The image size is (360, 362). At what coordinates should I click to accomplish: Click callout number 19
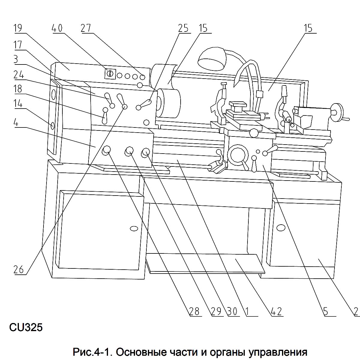[x=18, y=28]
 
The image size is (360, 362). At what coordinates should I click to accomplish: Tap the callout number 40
[x=57, y=28]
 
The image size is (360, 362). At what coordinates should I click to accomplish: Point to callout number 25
[x=183, y=28]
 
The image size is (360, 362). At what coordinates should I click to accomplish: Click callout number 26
[x=18, y=269]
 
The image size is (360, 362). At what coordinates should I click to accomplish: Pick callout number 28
[x=194, y=311]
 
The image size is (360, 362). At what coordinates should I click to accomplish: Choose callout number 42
[x=276, y=311]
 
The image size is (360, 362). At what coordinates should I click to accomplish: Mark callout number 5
[x=326, y=311]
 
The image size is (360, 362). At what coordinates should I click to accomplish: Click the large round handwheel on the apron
[x=238, y=155]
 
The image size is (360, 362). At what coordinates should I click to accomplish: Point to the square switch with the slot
[x=110, y=74]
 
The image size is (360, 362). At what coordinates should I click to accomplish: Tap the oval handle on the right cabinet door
[x=281, y=228]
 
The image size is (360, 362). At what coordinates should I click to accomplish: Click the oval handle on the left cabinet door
[x=134, y=229]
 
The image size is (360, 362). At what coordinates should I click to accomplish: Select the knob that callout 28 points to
[x=106, y=150]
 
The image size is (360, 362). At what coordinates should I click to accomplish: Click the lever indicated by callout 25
[x=145, y=105]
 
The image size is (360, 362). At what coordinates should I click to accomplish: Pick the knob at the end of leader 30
[x=146, y=152]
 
